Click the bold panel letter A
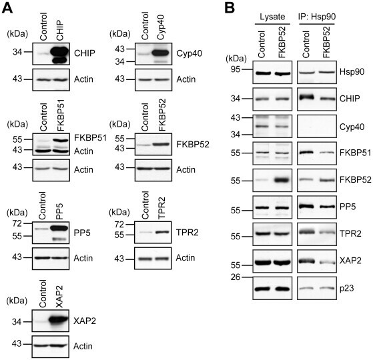[7, 8]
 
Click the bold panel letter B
[230, 8]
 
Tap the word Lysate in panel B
[272, 17]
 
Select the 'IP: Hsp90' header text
[317, 17]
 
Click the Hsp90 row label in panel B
[352, 71]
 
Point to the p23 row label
[346, 288]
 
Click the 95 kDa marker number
[236, 69]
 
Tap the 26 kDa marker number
[236, 277]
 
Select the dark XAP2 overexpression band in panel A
[59, 321]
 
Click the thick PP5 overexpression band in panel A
[59, 228]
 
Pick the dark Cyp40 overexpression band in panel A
[160, 53]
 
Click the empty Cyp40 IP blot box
[317, 126]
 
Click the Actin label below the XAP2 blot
[83, 346]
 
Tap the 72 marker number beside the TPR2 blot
[119, 224]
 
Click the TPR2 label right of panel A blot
[188, 232]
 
